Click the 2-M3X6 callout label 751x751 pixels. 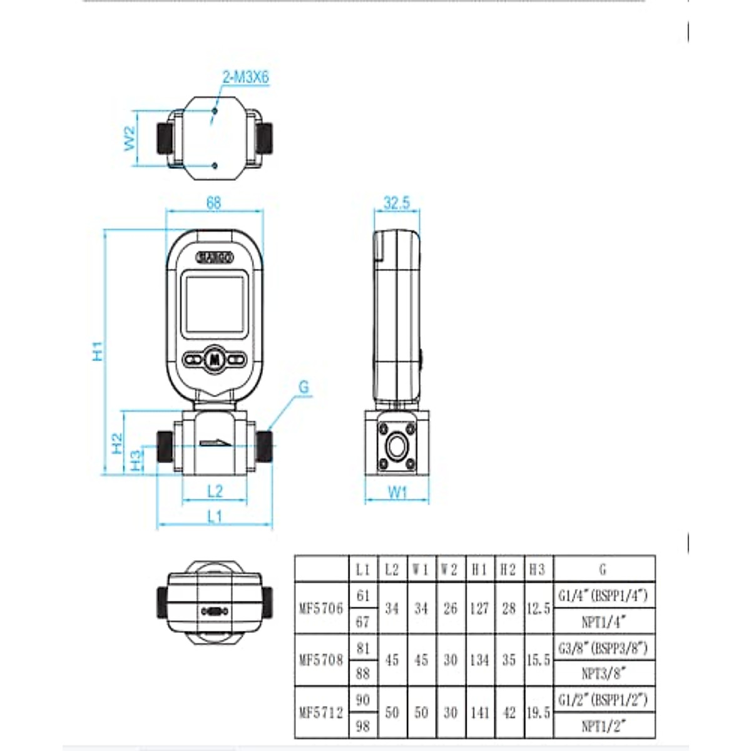click(246, 78)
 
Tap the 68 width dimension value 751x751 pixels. click(213, 203)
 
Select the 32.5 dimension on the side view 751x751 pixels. click(397, 203)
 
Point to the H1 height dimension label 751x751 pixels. click(98, 350)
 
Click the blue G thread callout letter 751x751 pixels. click(304, 387)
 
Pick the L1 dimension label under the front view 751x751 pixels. click(215, 516)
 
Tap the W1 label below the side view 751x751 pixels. click(397, 493)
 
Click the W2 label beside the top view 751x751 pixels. click(130, 138)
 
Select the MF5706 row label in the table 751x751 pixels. click(321, 608)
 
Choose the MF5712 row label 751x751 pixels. click(321, 712)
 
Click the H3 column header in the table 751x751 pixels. click(538, 570)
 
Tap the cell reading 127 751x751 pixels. click(479, 608)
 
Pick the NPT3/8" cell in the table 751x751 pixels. click(604, 673)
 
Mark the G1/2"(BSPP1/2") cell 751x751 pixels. click(603, 700)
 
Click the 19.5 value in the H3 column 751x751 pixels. click(538, 712)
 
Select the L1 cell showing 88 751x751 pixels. click(363, 673)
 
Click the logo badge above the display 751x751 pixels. click(215, 257)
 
